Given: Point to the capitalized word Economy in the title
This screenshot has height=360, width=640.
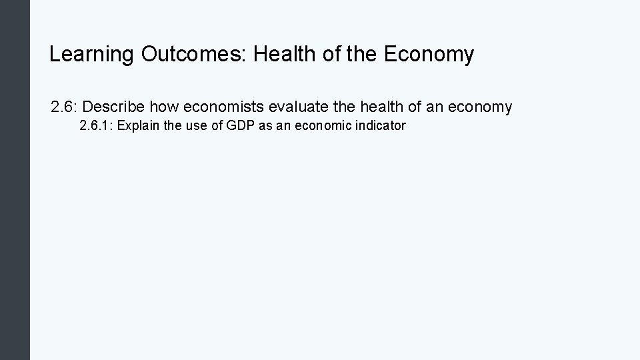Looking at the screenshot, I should click(x=429, y=55).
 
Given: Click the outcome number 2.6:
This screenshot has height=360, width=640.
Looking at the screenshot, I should click(x=65, y=107).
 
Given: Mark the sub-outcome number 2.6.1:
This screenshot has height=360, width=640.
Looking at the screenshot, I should click(x=95, y=126).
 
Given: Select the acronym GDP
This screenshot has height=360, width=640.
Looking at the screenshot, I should click(x=236, y=126).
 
